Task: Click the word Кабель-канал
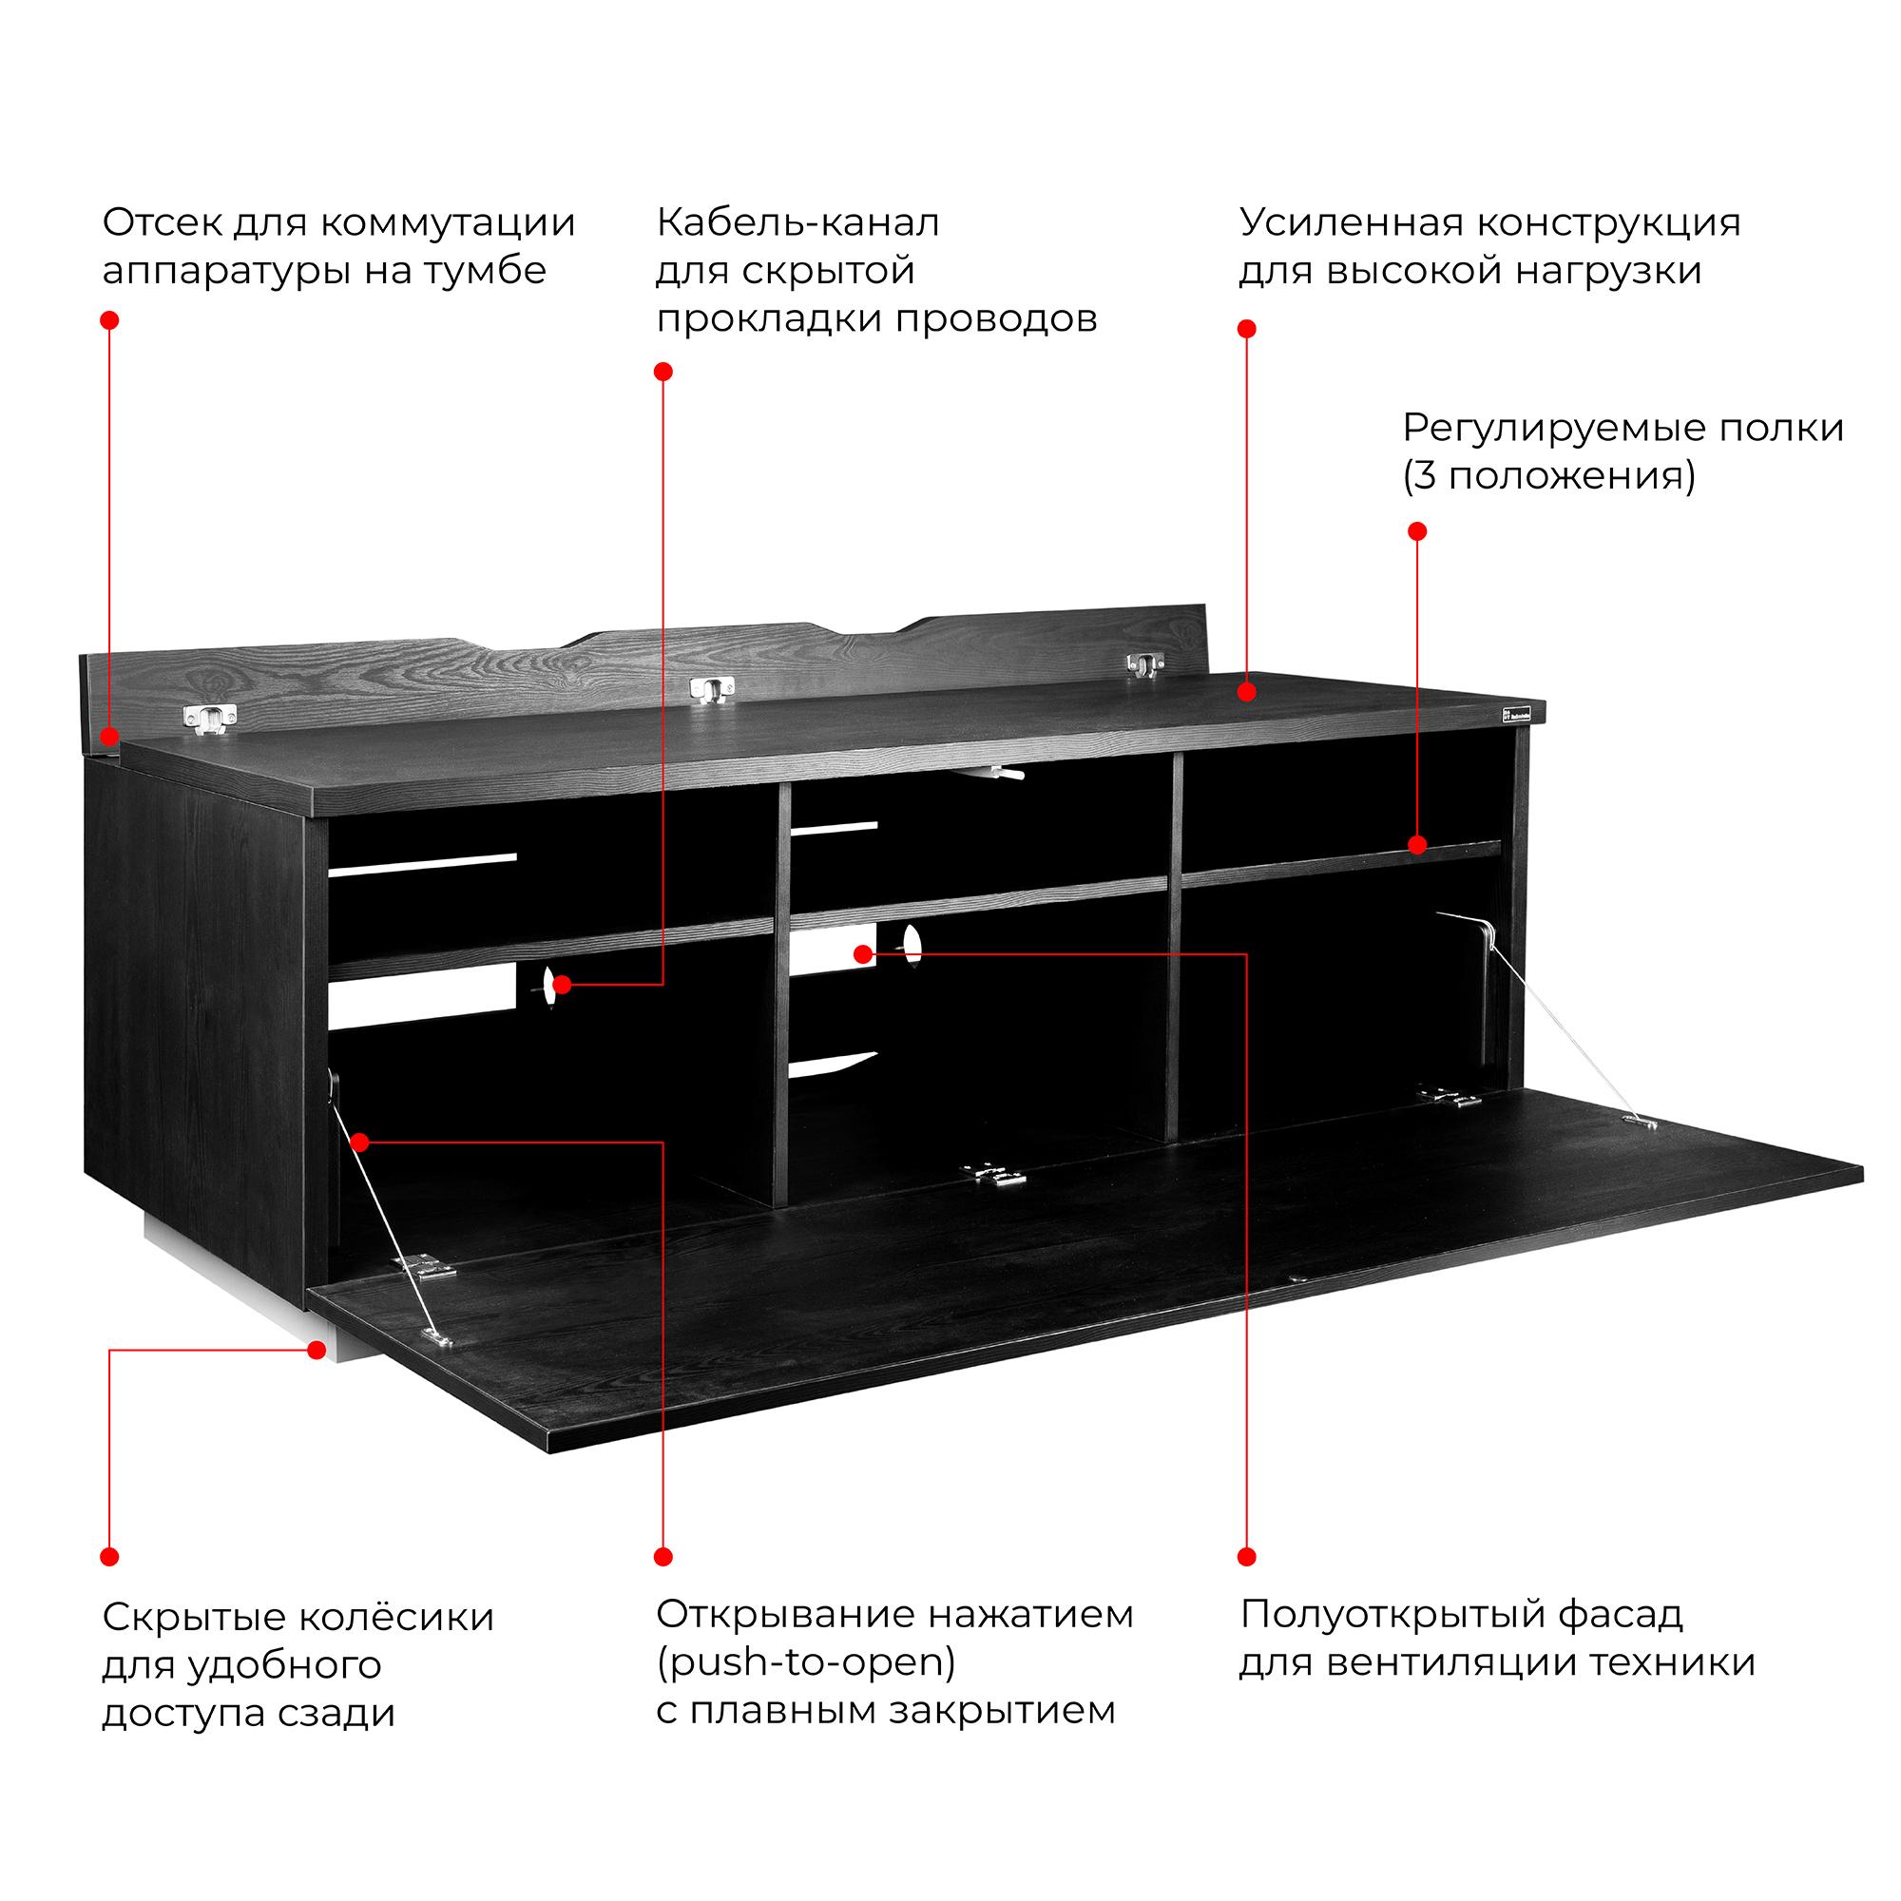798,223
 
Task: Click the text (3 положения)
1548,476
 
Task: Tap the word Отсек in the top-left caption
162,223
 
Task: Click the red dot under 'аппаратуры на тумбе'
110,319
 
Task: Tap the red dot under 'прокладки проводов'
663,371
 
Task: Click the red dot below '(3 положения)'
1417,531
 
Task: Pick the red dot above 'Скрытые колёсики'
110,1557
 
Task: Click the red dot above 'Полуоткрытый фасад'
1247,1557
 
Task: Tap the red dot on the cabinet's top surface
1247,691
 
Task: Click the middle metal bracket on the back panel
710,691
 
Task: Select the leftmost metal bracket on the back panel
209,720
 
